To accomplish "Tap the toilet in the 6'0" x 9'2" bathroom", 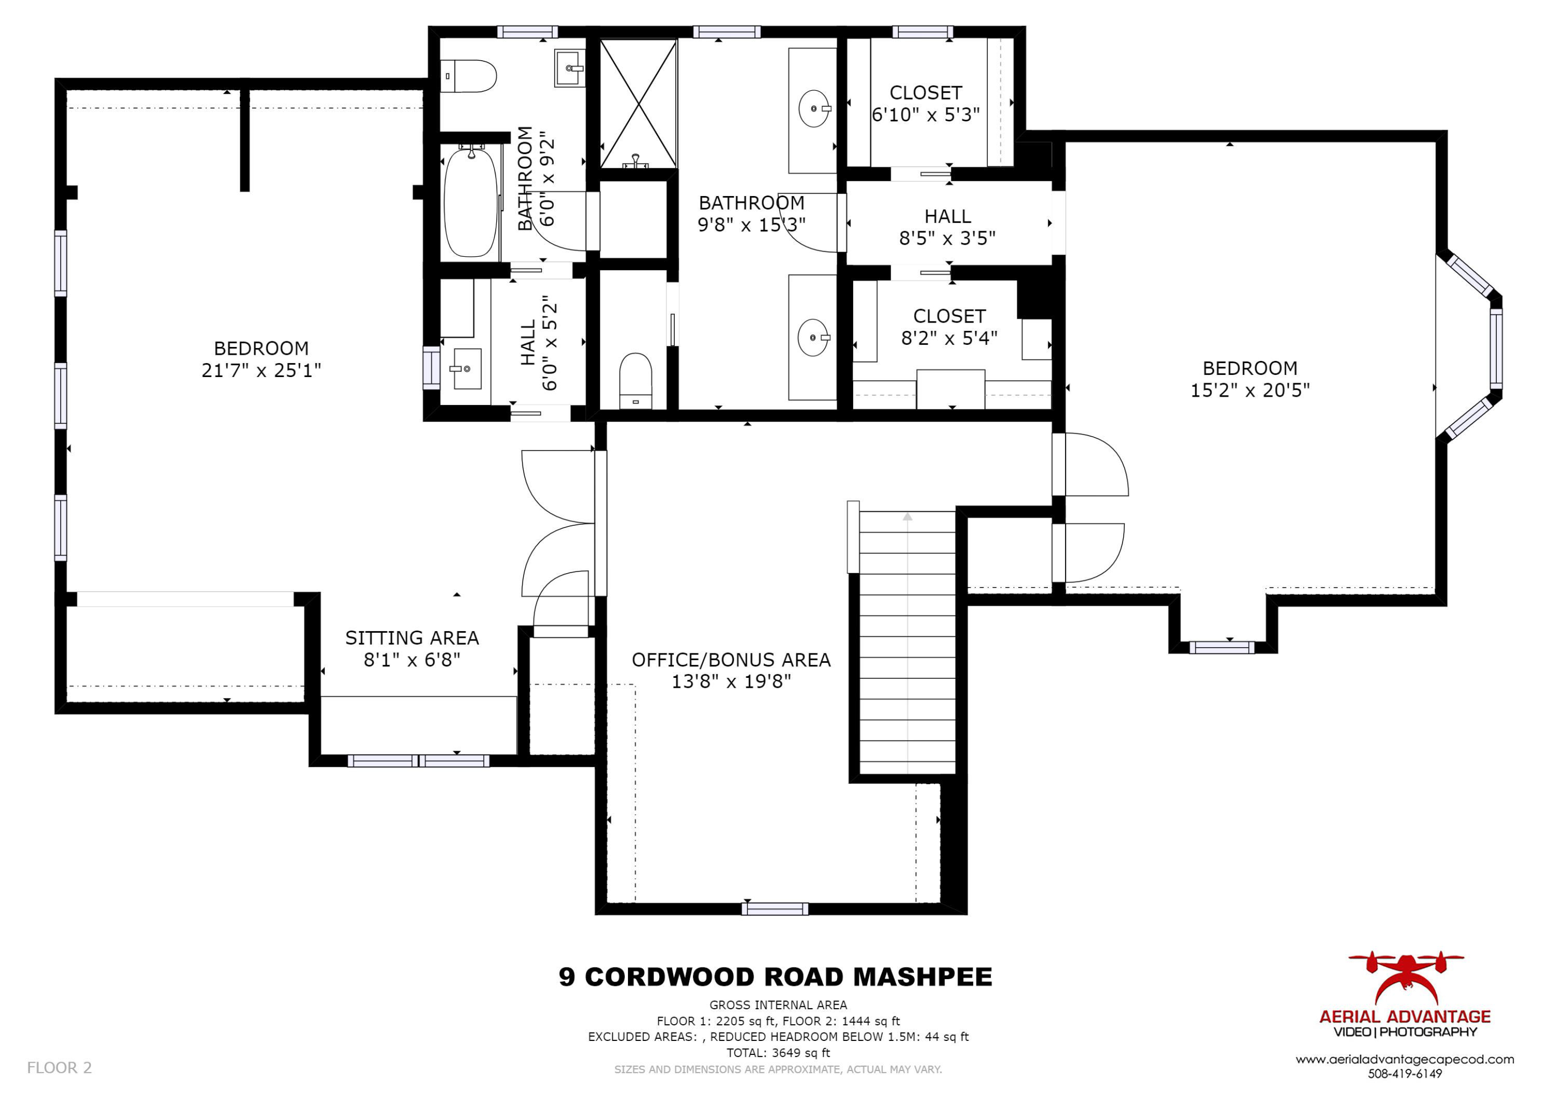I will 469,76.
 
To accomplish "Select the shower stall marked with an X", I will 638,103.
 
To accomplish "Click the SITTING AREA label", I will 412,638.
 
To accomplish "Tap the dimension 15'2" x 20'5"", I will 1249,391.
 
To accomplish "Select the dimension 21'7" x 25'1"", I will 261,370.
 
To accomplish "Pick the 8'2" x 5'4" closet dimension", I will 949,338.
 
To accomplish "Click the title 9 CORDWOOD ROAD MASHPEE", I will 775,977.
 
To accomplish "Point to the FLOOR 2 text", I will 59,1067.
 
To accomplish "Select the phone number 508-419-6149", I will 1404,1074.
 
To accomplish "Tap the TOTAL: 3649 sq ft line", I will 778,1053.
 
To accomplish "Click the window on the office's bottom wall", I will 774,909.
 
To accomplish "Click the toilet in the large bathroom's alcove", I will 635,380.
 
